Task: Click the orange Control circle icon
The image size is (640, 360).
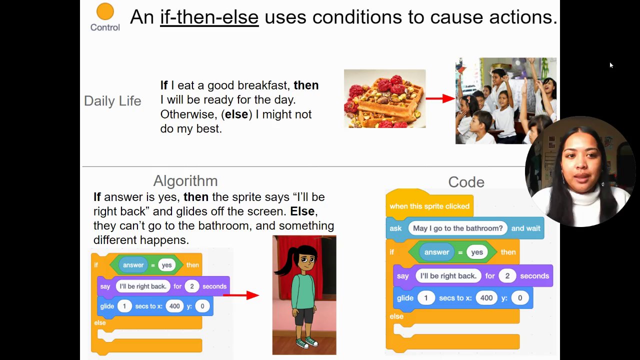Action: pyautogui.click(x=105, y=11)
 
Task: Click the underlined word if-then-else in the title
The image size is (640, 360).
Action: pyautogui.click(x=209, y=17)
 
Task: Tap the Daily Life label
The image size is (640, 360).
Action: pyautogui.click(x=112, y=101)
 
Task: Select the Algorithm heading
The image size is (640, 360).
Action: pyautogui.click(x=185, y=181)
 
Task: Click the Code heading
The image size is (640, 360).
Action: pyautogui.click(x=466, y=182)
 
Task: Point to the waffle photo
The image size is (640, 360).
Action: pyautogui.click(x=385, y=98)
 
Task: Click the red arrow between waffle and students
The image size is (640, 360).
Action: pyautogui.click(x=440, y=98)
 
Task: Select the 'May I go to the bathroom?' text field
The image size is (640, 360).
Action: pyautogui.click(x=457, y=228)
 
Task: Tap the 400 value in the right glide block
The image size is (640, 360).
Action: pyautogui.click(x=486, y=298)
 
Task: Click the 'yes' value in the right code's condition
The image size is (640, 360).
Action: pyautogui.click(x=477, y=252)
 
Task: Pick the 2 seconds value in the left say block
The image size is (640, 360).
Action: pyautogui.click(x=191, y=286)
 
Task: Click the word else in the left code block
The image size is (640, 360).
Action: pyautogui.click(x=100, y=323)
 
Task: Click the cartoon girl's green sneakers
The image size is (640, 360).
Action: pyautogui.click(x=307, y=342)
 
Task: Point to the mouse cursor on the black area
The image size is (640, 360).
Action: pyautogui.click(x=611, y=65)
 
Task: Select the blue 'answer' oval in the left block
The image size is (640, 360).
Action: pyautogui.click(x=133, y=265)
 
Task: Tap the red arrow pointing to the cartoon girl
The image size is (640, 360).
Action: pyautogui.click(x=241, y=295)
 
